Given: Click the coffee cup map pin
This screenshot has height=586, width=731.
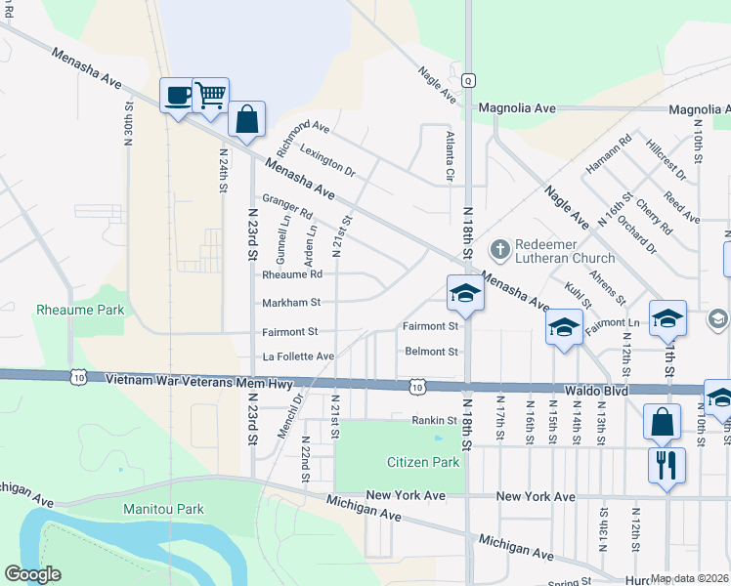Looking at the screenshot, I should [177, 96].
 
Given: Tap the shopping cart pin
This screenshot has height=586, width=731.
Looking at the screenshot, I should [210, 96].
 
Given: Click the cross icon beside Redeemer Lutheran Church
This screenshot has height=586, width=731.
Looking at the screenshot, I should [499, 250].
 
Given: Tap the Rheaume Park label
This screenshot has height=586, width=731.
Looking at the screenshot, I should [66, 310].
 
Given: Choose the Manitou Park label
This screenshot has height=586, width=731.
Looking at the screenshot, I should [163, 509].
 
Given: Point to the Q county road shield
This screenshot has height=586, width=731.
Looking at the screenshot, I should [469, 80].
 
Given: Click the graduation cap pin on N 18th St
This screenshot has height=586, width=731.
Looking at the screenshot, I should [465, 294].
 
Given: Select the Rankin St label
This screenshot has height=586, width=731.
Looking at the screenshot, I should [434, 420].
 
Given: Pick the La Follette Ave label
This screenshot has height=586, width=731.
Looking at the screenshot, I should [298, 356].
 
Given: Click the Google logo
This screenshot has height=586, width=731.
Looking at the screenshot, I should [32, 574].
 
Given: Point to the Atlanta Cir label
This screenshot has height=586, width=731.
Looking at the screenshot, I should [451, 157].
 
